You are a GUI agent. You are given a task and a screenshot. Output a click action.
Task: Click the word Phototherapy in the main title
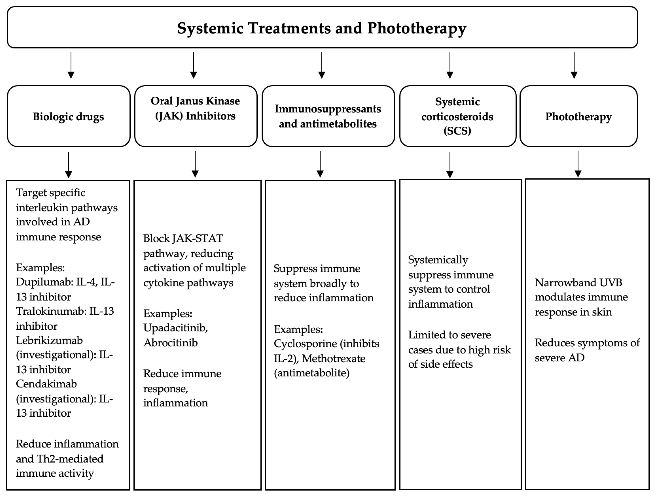416,29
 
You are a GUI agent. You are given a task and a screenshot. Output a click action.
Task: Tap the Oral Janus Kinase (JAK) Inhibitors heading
195,108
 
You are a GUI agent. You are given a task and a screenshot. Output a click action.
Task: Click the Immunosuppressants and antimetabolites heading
328,116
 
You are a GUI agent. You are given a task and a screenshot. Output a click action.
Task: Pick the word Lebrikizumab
49,341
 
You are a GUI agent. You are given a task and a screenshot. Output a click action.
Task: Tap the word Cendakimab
46,384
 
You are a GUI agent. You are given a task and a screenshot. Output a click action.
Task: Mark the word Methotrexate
334,359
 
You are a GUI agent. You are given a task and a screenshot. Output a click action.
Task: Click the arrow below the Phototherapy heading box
578,165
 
